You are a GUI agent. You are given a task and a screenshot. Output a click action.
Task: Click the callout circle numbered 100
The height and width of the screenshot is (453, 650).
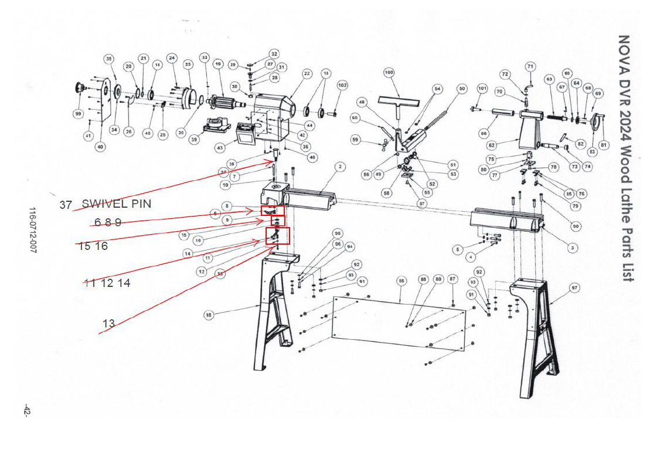click(389, 73)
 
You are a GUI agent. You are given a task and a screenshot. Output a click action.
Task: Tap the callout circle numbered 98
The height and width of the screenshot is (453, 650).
click(209, 315)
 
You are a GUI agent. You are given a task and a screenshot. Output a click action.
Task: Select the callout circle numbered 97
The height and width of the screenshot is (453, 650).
click(574, 288)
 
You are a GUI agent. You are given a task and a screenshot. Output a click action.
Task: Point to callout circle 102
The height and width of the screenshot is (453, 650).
click(342, 85)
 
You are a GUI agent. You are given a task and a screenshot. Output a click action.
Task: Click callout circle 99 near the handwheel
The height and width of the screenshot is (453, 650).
click(78, 114)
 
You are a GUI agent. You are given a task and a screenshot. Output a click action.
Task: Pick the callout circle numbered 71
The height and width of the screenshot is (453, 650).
click(530, 67)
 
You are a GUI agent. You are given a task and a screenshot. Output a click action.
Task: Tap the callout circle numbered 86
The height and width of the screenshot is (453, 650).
click(401, 281)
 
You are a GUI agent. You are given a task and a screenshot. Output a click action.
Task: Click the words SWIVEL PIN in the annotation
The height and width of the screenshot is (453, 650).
click(116, 204)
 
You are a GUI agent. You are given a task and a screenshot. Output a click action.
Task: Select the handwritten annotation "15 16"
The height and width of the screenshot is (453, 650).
click(93, 246)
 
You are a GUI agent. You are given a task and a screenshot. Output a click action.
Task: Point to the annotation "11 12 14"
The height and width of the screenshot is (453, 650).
click(107, 283)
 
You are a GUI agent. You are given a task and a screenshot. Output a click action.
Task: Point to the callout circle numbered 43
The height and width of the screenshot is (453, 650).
click(220, 148)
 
